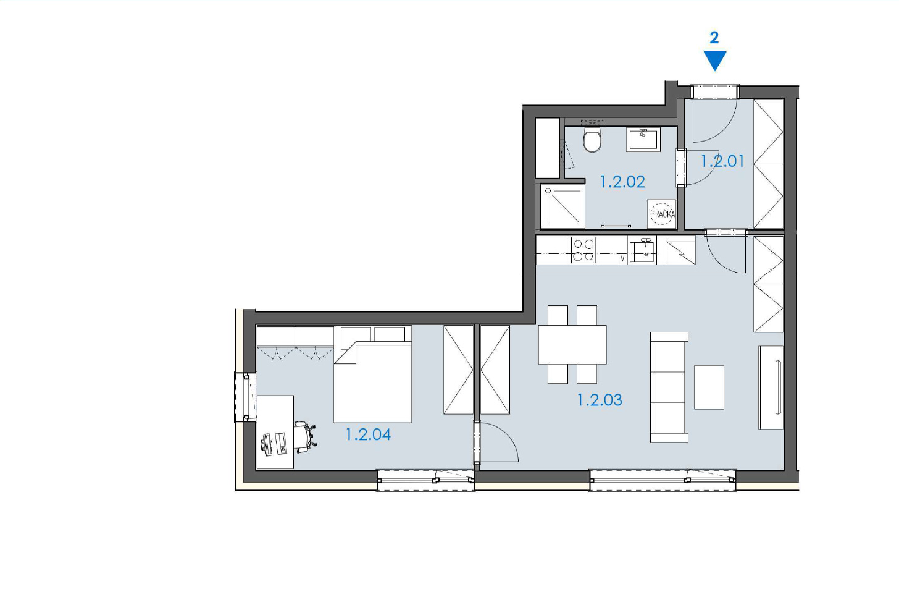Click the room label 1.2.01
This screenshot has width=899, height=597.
722,161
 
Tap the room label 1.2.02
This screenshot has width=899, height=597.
622,182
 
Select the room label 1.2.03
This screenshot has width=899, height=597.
600,400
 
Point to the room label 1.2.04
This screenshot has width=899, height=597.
369,434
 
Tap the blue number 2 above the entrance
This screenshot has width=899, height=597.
714,38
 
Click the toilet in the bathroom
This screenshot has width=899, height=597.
592,139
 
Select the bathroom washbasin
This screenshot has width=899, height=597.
643,140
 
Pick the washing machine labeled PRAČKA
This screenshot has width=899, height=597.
662,214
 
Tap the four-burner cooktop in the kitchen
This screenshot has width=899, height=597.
583,250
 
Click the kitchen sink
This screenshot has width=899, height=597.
643,251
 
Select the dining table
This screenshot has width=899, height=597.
572,345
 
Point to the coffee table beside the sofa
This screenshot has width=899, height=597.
709,387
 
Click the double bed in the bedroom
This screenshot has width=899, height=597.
373,382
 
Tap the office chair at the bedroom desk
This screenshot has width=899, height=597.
306,436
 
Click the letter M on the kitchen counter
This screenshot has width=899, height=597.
622,259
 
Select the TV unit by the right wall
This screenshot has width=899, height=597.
771,387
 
